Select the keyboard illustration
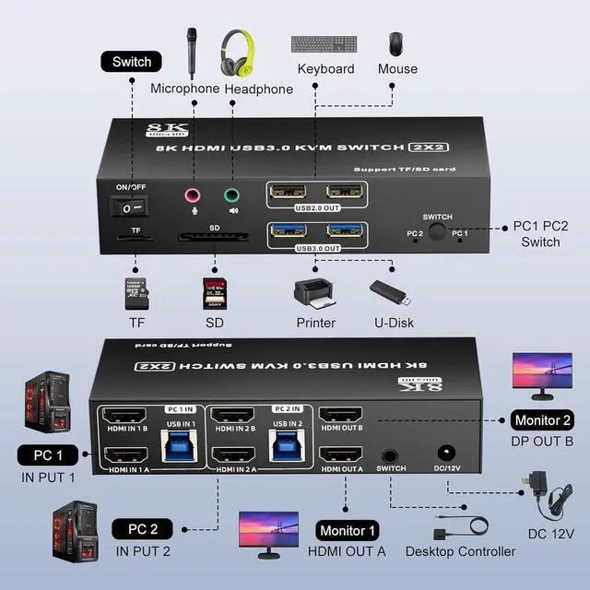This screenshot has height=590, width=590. pos(325,43)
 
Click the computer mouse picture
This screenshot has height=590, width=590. pos(395,43)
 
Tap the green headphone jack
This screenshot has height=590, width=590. pos(230,195)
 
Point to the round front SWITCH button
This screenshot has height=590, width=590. pos(436,232)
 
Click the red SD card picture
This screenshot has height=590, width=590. pos(215,294)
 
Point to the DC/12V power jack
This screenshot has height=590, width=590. pos(449,454)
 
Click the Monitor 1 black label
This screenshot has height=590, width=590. pos(348,530)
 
